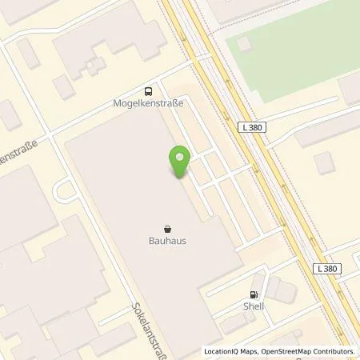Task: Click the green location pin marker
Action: coord(179,161)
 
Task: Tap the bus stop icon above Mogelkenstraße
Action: coord(148,90)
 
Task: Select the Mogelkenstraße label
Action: coord(148,104)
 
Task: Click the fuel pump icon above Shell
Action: coord(254,294)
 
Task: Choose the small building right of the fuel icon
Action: coord(276,286)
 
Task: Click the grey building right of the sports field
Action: coord(349,90)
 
